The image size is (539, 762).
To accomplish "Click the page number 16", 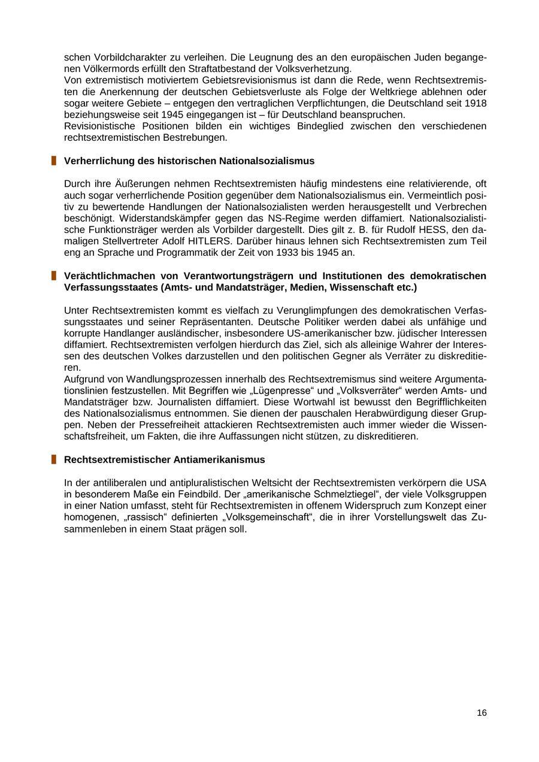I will (482, 713).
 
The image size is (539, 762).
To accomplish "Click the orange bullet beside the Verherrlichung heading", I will (53, 161).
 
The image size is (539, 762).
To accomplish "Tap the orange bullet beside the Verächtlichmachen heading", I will (53, 276).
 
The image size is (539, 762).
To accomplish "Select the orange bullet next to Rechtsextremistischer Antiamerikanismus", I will (53, 459).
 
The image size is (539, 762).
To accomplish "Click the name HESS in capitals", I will (411, 229).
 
